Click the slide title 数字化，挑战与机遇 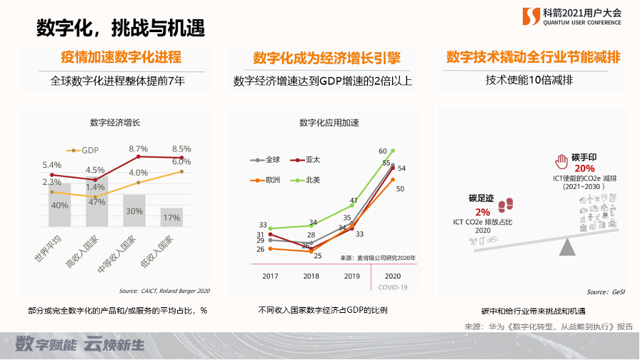click(121, 29)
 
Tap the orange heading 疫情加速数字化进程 click(120, 58)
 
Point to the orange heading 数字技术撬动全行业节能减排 click(532, 57)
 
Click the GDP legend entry click(84, 151)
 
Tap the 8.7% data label click(138, 149)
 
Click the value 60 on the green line click(383, 151)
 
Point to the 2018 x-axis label click(311, 276)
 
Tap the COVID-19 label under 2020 click(389, 287)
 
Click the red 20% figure click(574, 168)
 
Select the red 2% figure click(483, 212)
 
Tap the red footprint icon click(506, 206)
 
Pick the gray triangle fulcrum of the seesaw click(569, 247)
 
